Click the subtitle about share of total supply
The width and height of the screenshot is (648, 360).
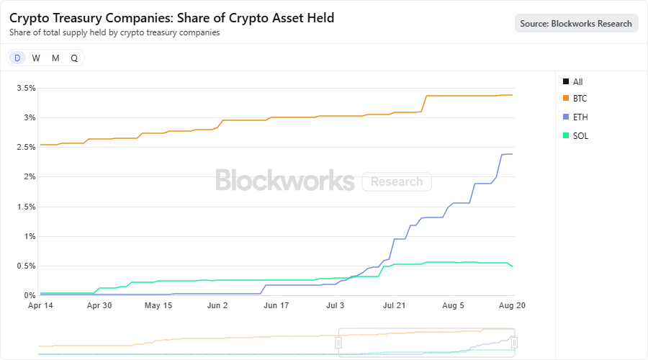point(114,32)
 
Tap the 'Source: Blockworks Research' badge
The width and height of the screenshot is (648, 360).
point(576,23)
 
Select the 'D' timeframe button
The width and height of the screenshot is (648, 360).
point(17,58)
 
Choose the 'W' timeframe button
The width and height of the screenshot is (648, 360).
point(36,58)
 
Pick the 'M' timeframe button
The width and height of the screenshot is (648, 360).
point(55,58)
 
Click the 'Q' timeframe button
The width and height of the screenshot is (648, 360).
point(74,58)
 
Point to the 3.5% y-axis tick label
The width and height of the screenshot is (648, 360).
point(26,88)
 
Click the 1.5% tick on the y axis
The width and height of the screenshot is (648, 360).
point(26,207)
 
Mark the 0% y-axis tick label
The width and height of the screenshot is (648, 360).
point(30,295)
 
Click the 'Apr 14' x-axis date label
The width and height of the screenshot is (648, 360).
point(40,305)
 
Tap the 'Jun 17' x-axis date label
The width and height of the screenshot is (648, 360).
point(276,305)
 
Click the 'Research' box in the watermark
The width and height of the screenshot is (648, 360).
point(397,181)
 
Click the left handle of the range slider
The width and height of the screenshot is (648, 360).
point(338,343)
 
